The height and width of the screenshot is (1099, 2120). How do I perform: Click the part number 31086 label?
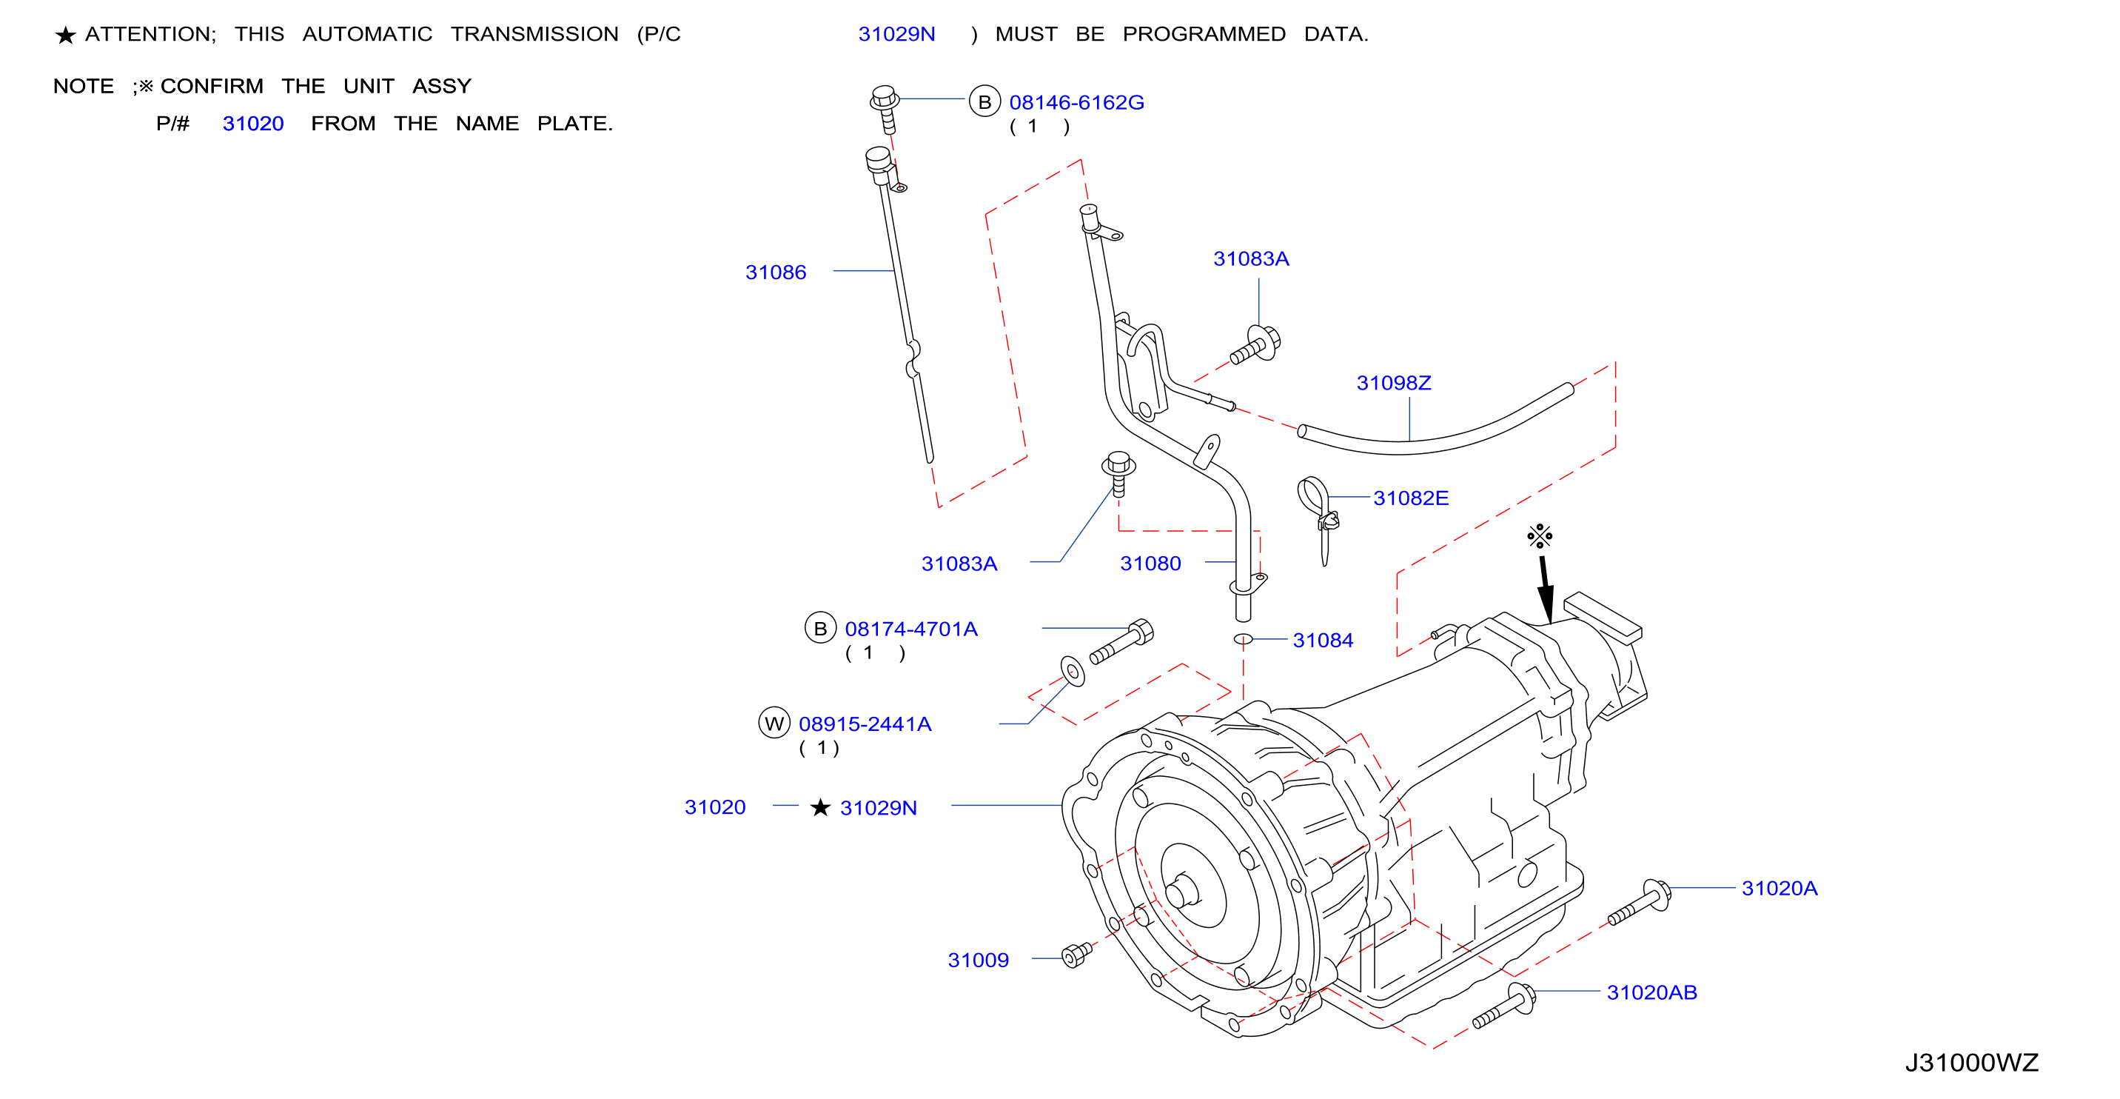coord(775,273)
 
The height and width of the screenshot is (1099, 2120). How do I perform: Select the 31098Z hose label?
coord(1393,383)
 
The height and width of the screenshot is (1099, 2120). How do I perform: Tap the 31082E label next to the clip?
coord(1411,498)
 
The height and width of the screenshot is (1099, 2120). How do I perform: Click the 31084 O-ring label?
coord(1323,641)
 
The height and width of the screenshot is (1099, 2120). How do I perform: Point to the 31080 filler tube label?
coord(1150,564)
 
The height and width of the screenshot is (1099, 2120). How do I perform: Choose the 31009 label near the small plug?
coord(978,961)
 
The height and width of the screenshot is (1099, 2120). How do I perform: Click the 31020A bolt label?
coord(1779,888)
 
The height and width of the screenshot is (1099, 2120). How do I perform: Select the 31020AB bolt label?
coord(1651,993)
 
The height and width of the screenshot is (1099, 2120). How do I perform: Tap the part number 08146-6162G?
coord(1076,103)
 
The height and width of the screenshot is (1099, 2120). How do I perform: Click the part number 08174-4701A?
coord(911,629)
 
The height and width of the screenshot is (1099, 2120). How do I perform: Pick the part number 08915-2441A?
coord(865,724)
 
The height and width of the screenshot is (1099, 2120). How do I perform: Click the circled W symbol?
coord(774,723)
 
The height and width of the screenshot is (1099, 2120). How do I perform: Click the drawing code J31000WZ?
coord(1972,1063)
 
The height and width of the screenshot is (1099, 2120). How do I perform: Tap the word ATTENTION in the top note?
coord(150,35)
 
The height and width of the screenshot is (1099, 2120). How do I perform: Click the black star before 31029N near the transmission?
coord(819,807)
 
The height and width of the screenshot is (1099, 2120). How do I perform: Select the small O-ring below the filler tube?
coord(1243,640)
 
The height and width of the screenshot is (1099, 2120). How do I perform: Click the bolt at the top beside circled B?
coord(885,108)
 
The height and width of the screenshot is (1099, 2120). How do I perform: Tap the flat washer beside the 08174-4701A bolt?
coord(1073,672)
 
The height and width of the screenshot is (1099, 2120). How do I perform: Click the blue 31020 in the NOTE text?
coord(252,124)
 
